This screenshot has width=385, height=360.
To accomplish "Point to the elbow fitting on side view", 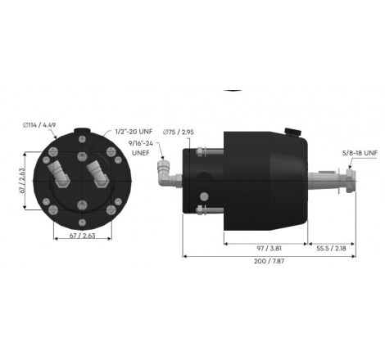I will click(x=165, y=171).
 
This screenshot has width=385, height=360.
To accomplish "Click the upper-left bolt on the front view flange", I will click(x=55, y=156).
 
